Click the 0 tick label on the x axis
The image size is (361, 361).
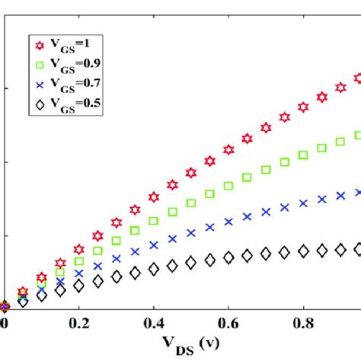(4, 324)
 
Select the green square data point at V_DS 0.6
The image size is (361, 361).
(228, 185)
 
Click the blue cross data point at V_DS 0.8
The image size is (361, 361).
(304, 203)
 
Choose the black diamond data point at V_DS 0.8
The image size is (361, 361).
(304, 251)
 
